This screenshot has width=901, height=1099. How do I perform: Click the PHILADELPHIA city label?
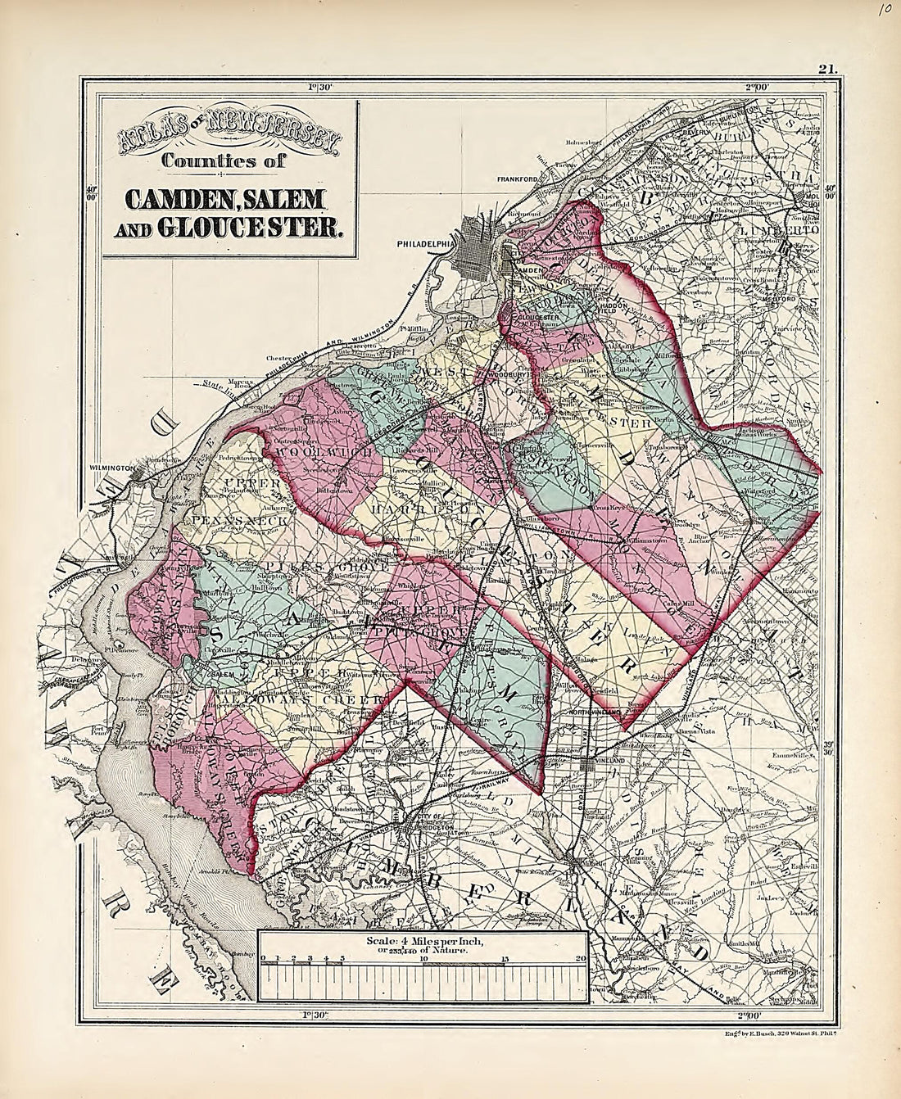click(x=425, y=242)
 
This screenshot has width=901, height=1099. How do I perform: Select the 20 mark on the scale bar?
click(x=580, y=958)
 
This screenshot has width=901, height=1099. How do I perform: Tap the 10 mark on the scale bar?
click(x=423, y=958)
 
